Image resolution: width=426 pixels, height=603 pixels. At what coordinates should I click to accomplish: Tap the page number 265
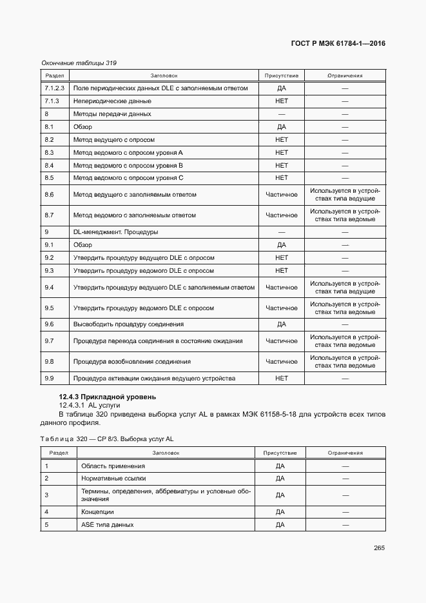pos(379,548)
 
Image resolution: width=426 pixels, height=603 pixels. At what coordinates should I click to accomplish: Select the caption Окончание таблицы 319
pos(79,63)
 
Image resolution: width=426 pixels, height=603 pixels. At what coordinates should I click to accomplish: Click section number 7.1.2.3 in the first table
pos(55,88)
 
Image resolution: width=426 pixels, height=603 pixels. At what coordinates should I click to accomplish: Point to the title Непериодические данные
pos(112,101)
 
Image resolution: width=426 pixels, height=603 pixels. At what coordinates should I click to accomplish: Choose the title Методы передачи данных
pos(112,114)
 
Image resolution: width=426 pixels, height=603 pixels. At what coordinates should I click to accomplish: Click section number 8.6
pos(49,194)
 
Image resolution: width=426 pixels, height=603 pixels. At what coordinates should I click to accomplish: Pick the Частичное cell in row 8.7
pos(282,215)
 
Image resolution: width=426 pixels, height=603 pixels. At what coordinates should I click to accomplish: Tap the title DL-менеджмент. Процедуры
pos(116,232)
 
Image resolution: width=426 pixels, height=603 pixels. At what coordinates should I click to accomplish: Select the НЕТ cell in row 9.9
pos(282,379)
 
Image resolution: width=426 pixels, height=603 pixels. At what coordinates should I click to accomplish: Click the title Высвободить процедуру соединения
pos(128,324)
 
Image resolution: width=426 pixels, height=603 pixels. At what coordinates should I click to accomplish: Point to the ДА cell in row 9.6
pos(282,324)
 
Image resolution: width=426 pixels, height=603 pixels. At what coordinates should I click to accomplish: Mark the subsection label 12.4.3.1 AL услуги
pos(90,405)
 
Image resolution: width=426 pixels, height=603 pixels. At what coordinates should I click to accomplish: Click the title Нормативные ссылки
pos(113,479)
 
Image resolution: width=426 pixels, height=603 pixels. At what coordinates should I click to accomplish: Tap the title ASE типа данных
pos(107,525)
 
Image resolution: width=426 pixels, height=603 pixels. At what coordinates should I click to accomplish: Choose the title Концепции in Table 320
pos(98,512)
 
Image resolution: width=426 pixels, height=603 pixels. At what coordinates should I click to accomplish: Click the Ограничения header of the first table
pos(345,75)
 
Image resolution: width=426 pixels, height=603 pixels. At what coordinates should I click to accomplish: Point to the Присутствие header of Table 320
pos(280,453)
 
